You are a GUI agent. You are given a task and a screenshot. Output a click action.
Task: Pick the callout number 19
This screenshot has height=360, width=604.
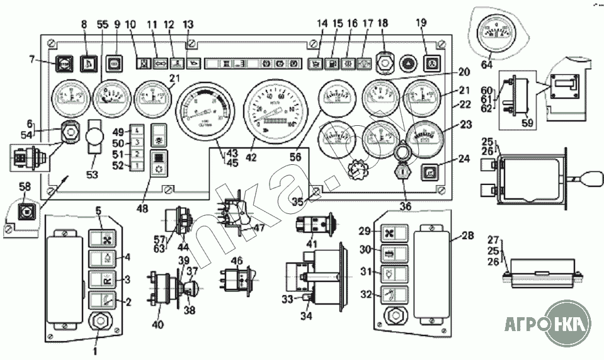(421, 26)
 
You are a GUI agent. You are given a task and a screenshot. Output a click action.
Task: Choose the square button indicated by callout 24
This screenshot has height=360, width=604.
(430, 170)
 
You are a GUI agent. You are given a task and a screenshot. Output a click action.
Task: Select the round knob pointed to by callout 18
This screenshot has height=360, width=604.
(384, 62)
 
